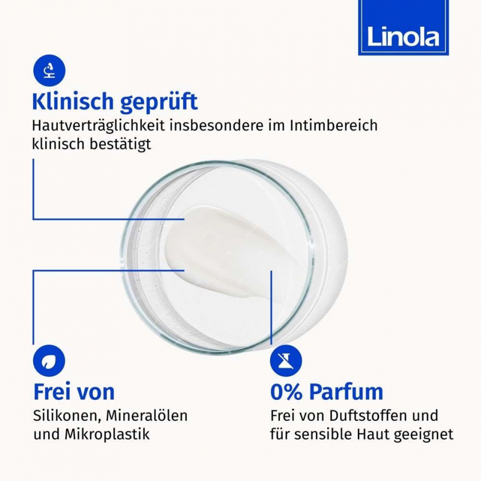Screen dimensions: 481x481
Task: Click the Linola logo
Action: pyautogui.click(x=403, y=27)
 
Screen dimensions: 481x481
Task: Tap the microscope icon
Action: pyautogui.click(x=49, y=70)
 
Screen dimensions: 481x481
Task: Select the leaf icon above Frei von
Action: pyautogui.click(x=49, y=361)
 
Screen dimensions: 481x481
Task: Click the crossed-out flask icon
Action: pyautogui.click(x=286, y=361)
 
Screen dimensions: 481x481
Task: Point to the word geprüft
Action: pyautogui.click(x=159, y=102)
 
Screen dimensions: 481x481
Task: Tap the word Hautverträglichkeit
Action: pyautogui.click(x=98, y=126)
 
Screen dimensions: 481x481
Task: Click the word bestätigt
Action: pyautogui.click(x=121, y=144)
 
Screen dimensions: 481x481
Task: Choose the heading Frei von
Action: pyautogui.click(x=74, y=392)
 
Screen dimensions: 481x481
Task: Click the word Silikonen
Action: pyautogui.click(x=68, y=416)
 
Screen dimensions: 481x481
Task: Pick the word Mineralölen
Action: pyautogui.click(x=147, y=416)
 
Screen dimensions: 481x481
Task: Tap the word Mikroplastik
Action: pyautogui.click(x=107, y=435)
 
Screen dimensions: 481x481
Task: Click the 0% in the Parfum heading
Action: pyautogui.click(x=286, y=392)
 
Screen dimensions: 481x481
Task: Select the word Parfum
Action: pyautogui.click(x=346, y=392)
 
